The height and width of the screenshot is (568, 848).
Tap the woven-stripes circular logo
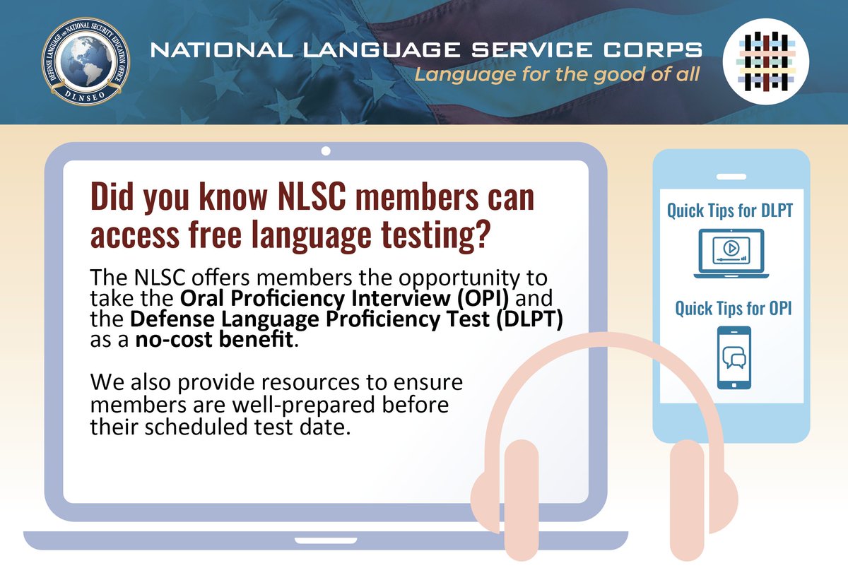coord(768,62)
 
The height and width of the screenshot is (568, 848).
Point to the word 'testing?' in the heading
coord(437,235)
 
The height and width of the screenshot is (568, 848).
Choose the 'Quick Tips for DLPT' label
coord(731,211)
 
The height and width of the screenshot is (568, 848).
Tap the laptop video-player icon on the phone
coord(731,252)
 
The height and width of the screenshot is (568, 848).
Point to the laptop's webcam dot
coord(326,150)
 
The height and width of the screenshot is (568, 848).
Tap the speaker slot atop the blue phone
coord(731,176)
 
